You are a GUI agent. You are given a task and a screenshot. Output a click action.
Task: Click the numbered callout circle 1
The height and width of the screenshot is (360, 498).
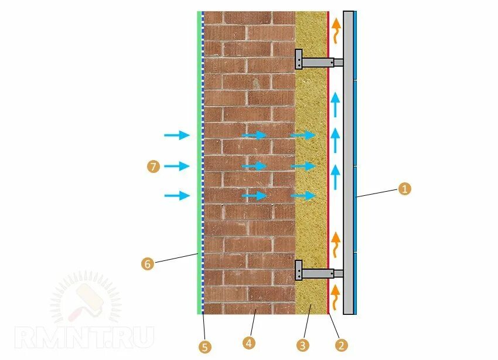(404, 189)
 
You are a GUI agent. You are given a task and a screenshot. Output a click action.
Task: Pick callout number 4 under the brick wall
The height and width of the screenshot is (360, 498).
(249, 343)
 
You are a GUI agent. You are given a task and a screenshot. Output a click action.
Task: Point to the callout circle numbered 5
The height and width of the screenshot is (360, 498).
(204, 347)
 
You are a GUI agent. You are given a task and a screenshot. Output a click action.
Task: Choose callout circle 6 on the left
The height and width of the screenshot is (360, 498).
(147, 264)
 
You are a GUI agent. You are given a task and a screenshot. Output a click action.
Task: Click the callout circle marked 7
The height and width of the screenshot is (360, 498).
(153, 167)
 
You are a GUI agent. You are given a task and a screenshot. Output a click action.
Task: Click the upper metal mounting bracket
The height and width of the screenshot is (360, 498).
(316, 60)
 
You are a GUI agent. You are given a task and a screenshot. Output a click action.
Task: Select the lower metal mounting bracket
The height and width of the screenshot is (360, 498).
(316, 272)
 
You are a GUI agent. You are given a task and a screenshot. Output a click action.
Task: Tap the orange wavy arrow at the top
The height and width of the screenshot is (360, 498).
(336, 30)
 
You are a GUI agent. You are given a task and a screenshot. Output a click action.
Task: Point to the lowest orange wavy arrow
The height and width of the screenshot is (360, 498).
(336, 298)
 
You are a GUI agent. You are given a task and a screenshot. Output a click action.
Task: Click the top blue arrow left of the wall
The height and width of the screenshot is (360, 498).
(176, 135)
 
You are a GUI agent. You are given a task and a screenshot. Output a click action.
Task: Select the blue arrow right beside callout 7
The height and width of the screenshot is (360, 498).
(176, 167)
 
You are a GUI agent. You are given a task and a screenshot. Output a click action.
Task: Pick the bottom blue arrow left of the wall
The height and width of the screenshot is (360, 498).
(176, 195)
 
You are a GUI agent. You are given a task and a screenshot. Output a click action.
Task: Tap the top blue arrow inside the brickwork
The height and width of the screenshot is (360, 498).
(254, 135)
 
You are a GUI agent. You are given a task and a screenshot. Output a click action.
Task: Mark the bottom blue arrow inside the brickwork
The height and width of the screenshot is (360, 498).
(254, 195)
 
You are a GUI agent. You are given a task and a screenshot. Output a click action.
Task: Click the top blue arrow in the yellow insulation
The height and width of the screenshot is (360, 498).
(303, 135)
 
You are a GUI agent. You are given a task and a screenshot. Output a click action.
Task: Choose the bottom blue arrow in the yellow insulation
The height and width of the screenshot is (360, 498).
(303, 195)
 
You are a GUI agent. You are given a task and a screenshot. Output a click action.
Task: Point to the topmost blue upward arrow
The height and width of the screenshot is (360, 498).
(335, 104)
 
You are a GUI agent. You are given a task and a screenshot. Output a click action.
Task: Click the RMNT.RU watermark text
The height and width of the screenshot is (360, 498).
(85, 337)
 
